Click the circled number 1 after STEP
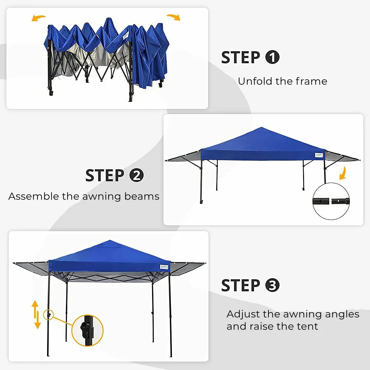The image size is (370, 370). point(272,57)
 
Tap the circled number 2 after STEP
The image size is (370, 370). point(137,175)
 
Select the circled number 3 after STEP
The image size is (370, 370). point(272,285)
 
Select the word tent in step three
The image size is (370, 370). point(307,326)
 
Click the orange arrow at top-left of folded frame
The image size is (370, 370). point(39,18)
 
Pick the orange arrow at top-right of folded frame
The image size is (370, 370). point(174,17)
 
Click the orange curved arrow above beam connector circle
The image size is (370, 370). point(342,174)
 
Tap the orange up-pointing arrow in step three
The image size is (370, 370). point(35,308)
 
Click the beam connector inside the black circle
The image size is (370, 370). point(331,201)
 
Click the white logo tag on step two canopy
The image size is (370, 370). point(319,155)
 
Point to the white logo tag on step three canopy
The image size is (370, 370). point(164,267)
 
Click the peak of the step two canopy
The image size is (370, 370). point(261,128)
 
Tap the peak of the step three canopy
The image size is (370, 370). point(109,240)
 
